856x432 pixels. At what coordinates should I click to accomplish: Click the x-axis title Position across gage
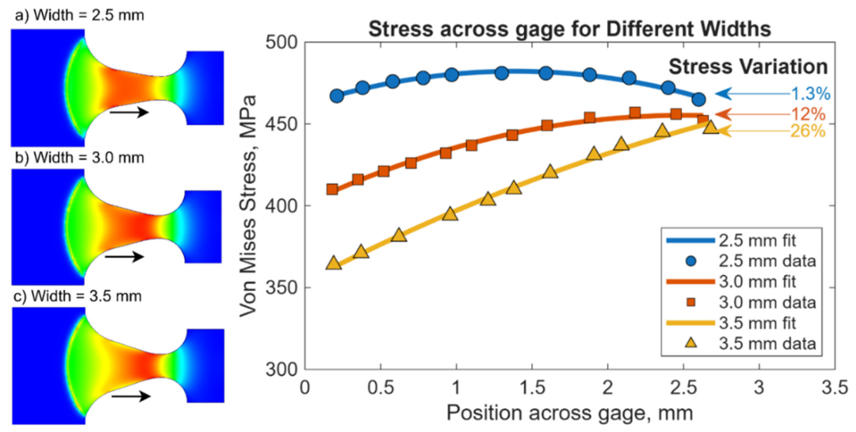[569, 414]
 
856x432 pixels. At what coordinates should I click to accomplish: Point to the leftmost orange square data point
[332, 189]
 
